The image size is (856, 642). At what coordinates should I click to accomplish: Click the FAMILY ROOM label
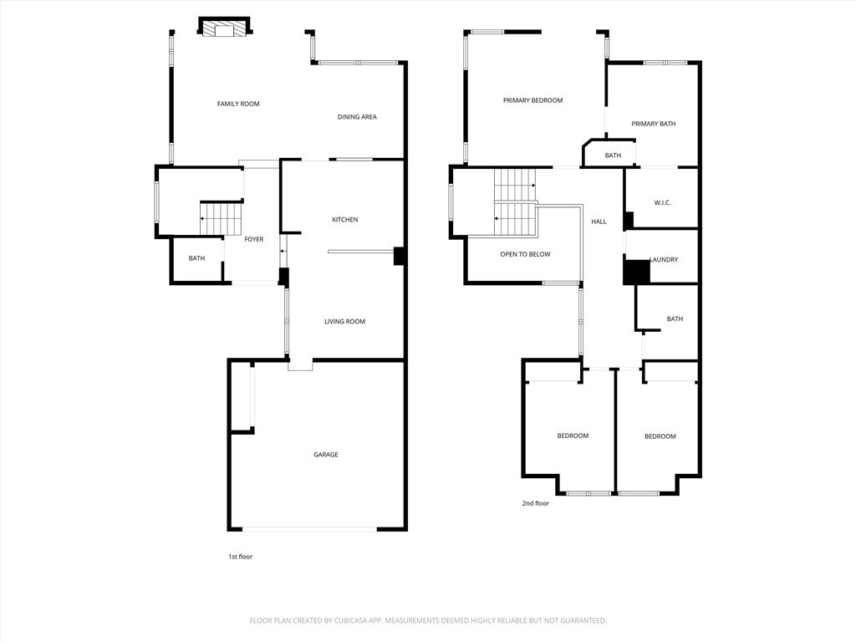coord(238,104)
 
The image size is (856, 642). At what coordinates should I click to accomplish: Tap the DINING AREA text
coord(357,117)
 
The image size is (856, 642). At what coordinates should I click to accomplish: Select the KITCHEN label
coord(345,220)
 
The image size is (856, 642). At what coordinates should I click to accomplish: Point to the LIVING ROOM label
coord(344,322)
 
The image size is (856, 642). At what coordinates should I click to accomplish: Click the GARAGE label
coord(326,454)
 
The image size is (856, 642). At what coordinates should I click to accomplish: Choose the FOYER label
coord(254,239)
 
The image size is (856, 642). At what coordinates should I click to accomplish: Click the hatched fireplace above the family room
coord(224,28)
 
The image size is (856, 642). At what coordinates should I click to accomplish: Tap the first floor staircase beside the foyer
coord(221,219)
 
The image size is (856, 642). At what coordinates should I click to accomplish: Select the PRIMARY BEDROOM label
coord(532,100)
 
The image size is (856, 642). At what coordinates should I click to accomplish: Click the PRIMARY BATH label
coord(654,124)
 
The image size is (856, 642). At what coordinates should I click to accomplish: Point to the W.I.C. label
coord(662,202)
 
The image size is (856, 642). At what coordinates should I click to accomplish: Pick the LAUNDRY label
coord(664,259)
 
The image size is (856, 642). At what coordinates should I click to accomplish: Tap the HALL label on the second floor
coord(599,222)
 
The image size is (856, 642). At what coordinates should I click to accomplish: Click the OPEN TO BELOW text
coord(525,254)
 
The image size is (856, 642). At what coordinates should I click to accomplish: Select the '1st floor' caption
coord(240,557)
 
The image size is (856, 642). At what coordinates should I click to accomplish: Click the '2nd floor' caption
coord(536,503)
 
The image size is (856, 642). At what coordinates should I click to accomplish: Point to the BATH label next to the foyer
coord(196,258)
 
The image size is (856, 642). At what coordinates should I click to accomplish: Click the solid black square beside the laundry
coord(637,272)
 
